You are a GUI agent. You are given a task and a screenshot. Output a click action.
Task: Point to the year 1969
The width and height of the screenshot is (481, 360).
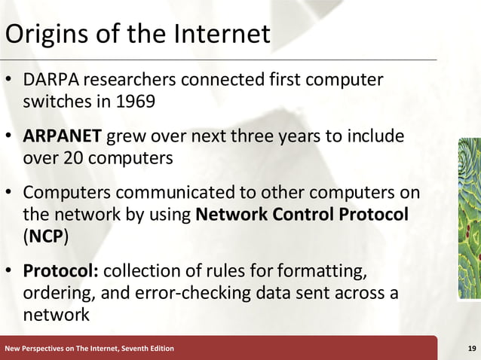(x=136, y=101)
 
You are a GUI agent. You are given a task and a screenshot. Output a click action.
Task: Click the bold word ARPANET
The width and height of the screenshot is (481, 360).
(x=63, y=139)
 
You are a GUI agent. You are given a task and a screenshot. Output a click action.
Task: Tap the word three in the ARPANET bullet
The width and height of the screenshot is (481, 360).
(x=294, y=139)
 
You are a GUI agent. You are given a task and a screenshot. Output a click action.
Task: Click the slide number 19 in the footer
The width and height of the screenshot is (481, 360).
(x=470, y=348)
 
